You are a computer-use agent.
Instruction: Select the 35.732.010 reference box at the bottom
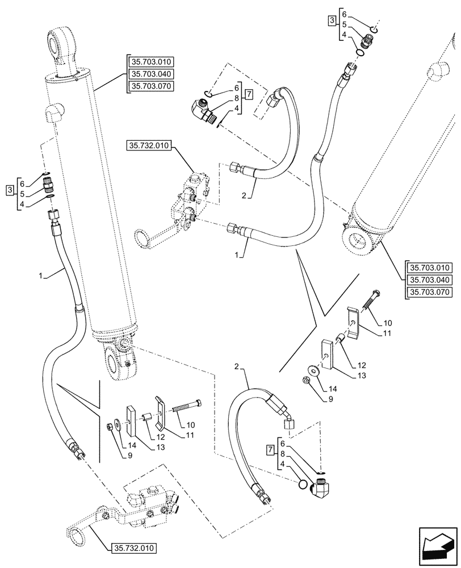click(132, 549)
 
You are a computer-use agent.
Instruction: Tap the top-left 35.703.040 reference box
click(151, 74)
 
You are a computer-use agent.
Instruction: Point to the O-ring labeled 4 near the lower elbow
click(304, 484)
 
